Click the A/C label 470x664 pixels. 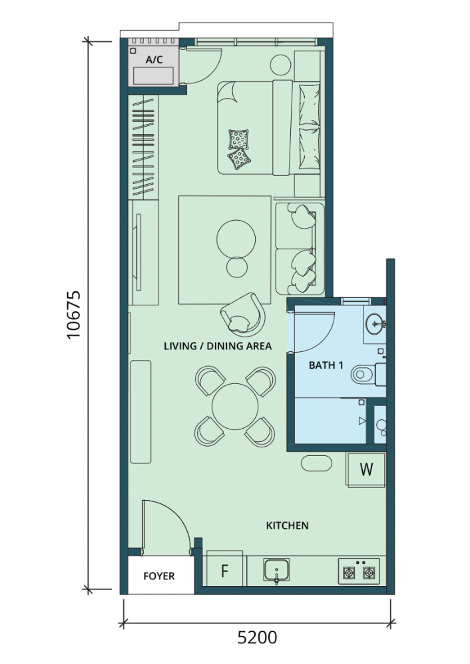click(154, 59)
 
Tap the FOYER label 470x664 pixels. click(159, 576)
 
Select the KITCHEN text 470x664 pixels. click(287, 525)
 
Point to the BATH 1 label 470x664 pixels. click(326, 365)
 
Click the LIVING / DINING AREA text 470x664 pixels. click(218, 346)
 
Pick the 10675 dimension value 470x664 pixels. click(74, 315)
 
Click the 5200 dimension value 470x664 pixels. click(257, 637)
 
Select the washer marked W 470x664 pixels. click(366, 469)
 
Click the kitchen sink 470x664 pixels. click(277, 571)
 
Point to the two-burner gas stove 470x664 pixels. click(359, 571)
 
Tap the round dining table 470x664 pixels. click(235, 407)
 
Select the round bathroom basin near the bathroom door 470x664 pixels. click(375, 324)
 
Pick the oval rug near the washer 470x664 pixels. click(317, 463)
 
